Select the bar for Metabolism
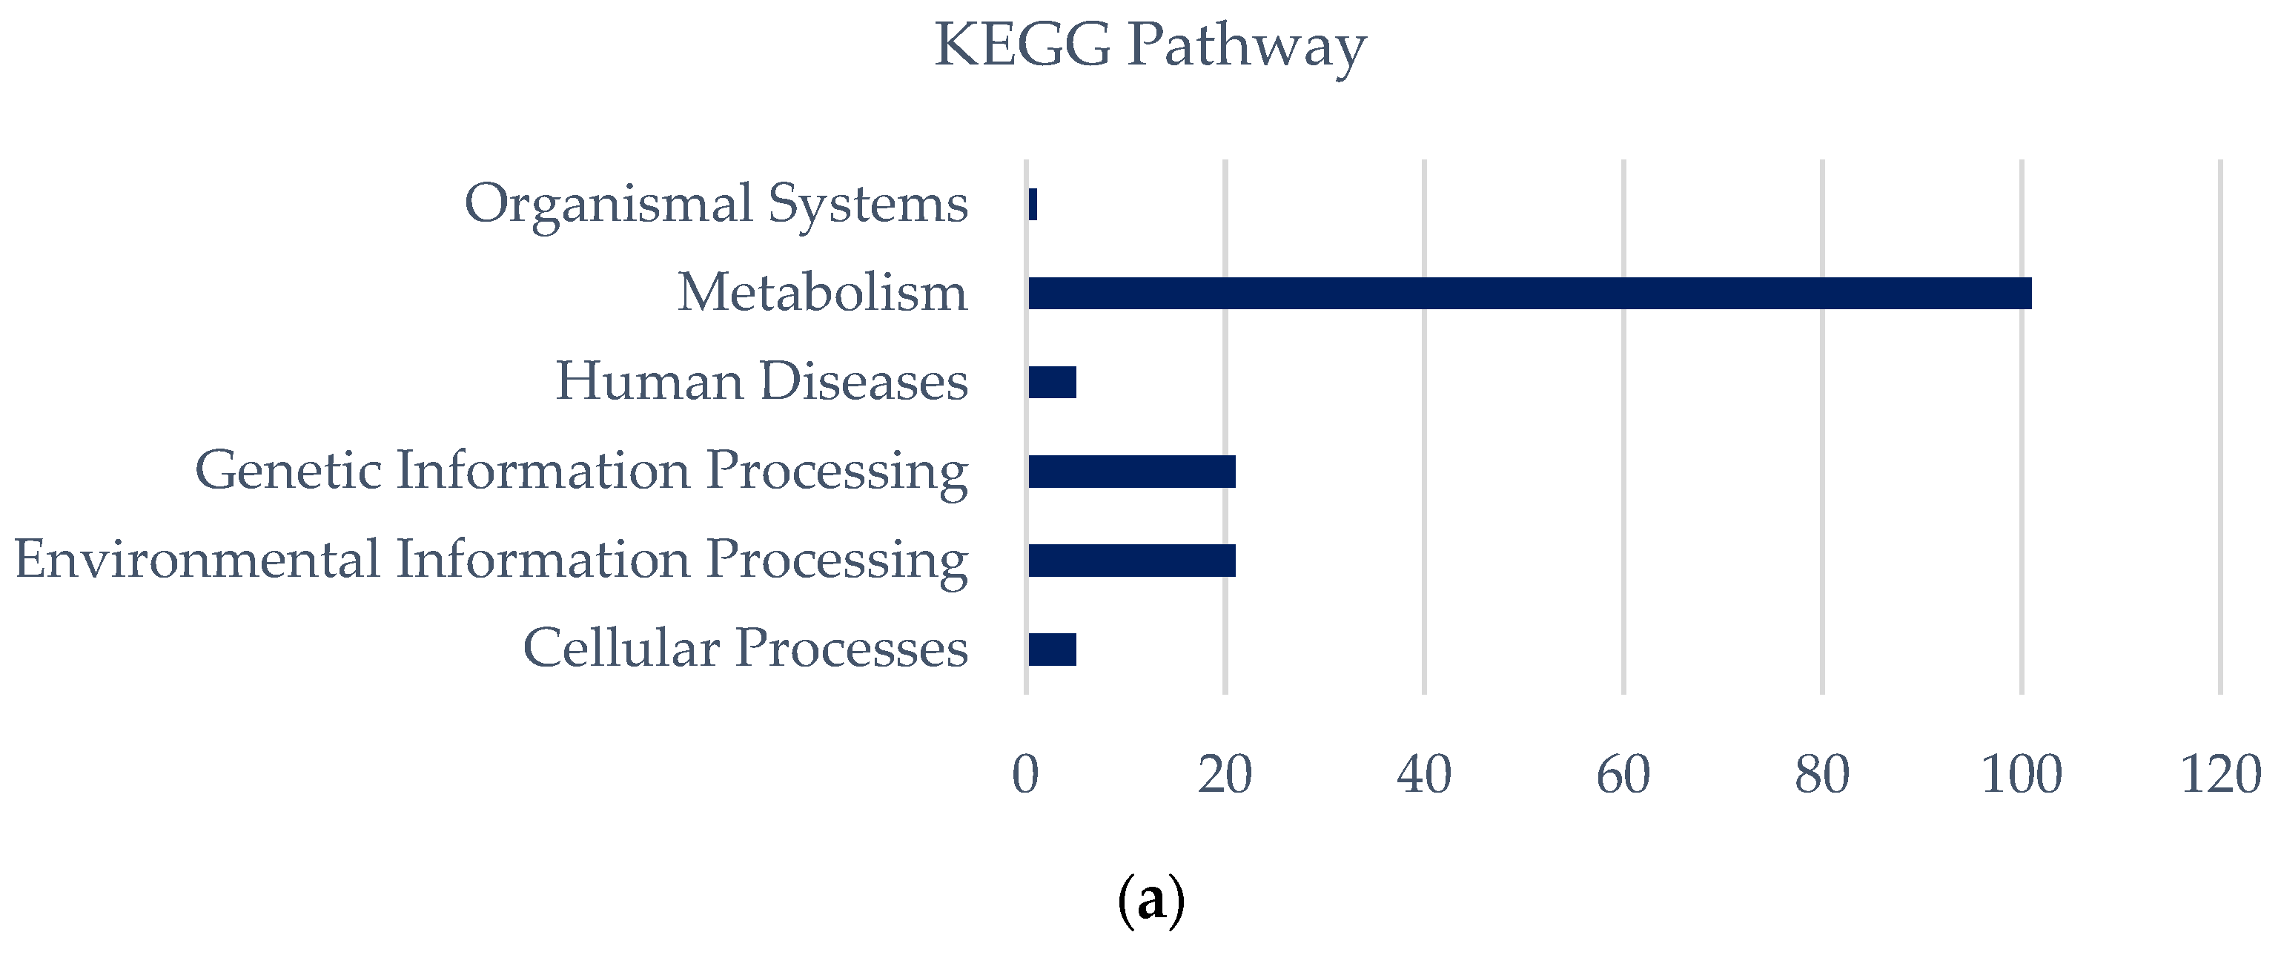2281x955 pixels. (x=1529, y=293)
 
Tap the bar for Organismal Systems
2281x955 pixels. (x=1033, y=205)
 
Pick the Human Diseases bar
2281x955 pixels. (x=1052, y=383)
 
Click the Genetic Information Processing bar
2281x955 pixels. (x=1132, y=472)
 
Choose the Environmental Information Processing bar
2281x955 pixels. (x=1132, y=561)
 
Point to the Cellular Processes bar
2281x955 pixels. (x=1052, y=650)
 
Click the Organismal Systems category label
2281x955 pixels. (x=716, y=205)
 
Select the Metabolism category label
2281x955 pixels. (x=823, y=293)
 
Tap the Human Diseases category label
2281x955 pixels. (x=761, y=383)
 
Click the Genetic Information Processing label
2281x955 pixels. (x=581, y=472)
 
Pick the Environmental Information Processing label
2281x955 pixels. (x=491, y=561)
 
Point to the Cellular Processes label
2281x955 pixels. (x=746, y=650)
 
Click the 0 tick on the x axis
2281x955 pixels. (x=1025, y=775)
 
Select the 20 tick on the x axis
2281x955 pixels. (x=1225, y=775)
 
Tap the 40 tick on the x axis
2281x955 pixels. (x=1424, y=775)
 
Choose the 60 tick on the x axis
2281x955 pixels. (x=1623, y=775)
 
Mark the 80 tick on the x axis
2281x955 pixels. (x=1822, y=775)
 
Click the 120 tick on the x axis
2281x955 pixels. (x=2221, y=775)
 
